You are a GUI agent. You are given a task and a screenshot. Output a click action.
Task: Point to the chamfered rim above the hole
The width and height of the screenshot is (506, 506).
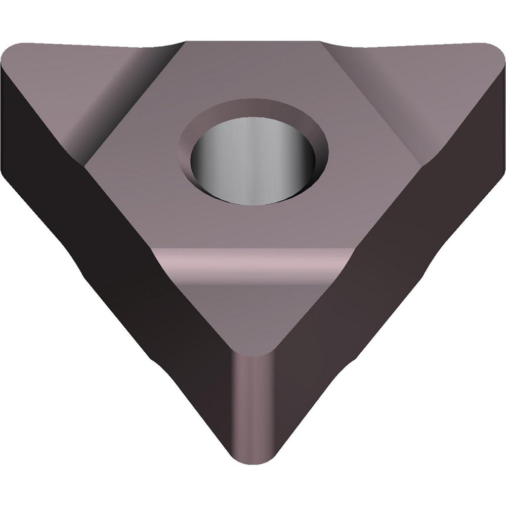point(253,109)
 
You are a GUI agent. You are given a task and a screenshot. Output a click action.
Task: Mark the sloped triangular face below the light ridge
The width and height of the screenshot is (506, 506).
point(253,314)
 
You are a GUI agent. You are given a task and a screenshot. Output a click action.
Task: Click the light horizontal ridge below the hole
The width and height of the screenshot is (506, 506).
point(253,258)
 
